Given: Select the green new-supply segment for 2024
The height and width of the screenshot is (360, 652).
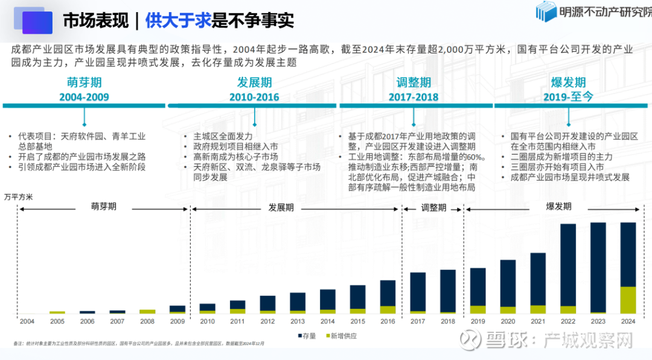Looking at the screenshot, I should coord(628,300).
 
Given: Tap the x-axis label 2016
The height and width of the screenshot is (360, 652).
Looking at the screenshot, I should coord(388,321).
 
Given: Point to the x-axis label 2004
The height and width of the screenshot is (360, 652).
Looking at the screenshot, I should coord(27,321).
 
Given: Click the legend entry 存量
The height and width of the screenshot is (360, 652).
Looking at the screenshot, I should coord(307,336).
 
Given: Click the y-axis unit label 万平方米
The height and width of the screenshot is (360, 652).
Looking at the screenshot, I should coord(19,197).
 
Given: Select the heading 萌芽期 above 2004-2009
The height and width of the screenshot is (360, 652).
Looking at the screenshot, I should coord(84,83).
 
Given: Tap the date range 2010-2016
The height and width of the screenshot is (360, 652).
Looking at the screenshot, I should coord(254,97).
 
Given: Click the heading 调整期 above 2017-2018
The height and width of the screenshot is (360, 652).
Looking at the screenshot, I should coord(414,83).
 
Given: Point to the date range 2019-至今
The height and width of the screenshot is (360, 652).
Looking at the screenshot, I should coord(568,97).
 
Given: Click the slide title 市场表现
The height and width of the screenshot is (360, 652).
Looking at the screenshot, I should coord(96,21).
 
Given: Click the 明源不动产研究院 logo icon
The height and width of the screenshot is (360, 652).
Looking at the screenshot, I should coord(546,11).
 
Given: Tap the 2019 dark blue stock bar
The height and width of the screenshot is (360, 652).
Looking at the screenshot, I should coord(478,287).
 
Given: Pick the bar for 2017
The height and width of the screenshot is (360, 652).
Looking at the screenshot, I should coord(418,292).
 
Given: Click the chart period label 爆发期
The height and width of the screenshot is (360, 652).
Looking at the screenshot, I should coord(558,207).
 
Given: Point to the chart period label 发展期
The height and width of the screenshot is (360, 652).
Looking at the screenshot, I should coord(281,207).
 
